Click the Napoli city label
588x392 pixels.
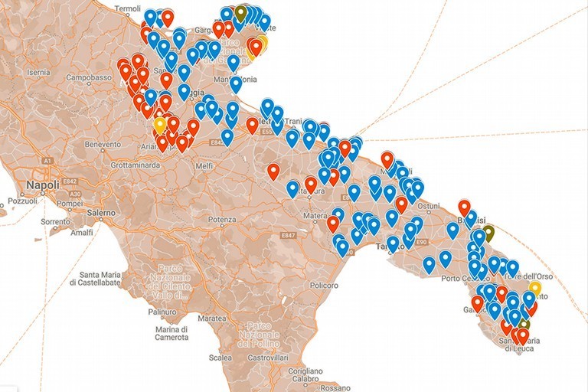point(42,185)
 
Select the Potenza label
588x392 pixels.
point(220,220)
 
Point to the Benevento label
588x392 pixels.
point(103,144)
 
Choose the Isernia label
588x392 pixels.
point(38,72)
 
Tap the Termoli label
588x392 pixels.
point(127,9)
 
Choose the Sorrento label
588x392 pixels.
point(56,222)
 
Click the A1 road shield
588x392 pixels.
point(47,161)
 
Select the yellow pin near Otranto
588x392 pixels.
point(535,288)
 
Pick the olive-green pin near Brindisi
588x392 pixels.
point(489,231)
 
